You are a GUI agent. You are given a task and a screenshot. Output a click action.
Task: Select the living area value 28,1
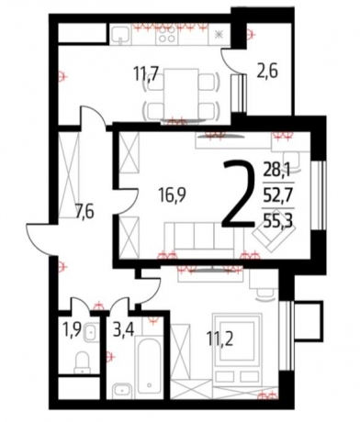[278, 170]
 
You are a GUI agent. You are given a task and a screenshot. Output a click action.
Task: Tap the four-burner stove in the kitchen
[166, 35]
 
